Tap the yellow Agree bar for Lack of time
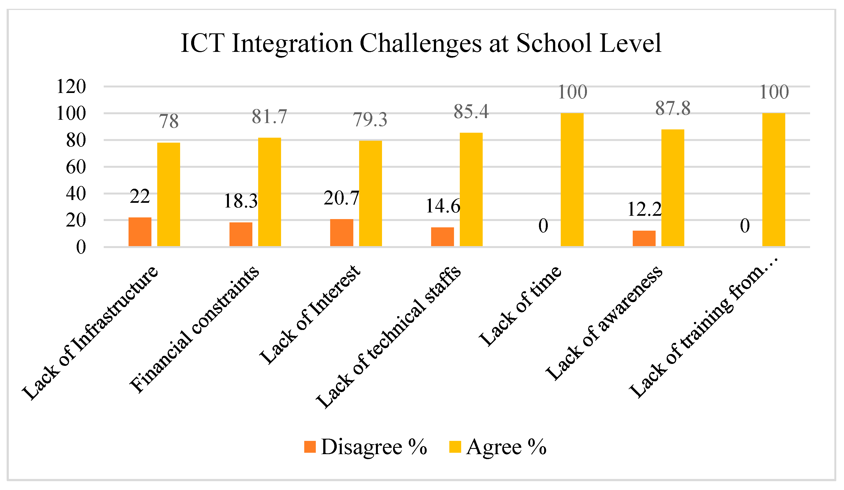[x=572, y=180]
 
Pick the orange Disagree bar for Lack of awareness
[x=644, y=238]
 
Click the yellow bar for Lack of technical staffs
[x=471, y=190]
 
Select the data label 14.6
[x=443, y=206]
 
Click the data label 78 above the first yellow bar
[x=169, y=121]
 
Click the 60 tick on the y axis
[x=76, y=167]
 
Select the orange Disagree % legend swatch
[x=310, y=447]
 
